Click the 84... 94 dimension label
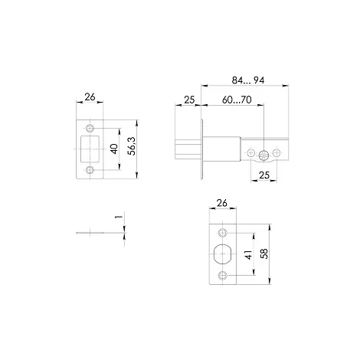coord(248,80)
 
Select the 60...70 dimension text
coord(237,100)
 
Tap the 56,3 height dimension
coord(133,146)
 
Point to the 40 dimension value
coord(115,149)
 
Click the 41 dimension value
coord(248,254)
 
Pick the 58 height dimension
coord(265,254)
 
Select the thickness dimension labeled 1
coord(119,217)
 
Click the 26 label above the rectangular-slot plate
coord(90,97)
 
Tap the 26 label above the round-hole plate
coord(221,203)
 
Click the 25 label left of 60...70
coord(189,100)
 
